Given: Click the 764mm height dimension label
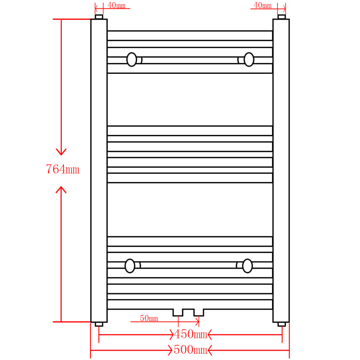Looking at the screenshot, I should click(63, 169).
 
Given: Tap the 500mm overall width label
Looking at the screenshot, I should click(190, 350).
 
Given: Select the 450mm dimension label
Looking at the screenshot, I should click(190, 334).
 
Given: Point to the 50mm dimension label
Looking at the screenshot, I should click(149, 319).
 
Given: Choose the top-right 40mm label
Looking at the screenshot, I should click(262, 5).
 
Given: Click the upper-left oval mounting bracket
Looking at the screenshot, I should click(132, 59).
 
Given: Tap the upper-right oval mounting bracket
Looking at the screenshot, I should click(249, 59).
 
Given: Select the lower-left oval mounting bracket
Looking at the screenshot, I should click(130, 266).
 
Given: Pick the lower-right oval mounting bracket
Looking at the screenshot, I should click(247, 266).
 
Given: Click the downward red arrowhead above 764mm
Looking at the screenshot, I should click(62, 152).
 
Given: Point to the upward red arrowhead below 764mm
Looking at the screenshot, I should click(62, 190).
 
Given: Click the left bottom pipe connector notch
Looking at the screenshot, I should click(178, 313).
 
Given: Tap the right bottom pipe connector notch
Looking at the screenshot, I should click(199, 313).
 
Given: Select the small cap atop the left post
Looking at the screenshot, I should click(99, 17).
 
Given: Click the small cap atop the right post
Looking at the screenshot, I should click(282, 17).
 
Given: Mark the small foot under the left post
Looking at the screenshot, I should click(99, 324).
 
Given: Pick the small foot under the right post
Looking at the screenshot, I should click(282, 324).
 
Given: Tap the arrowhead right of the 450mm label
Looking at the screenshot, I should click(210, 334).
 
